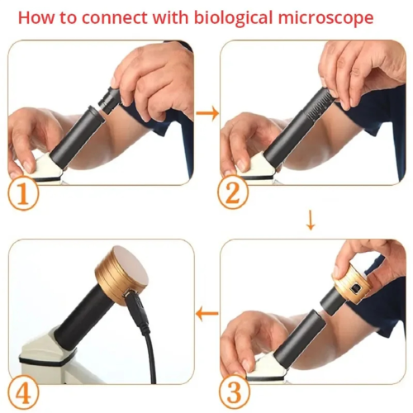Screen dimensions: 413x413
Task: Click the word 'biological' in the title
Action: (234, 18)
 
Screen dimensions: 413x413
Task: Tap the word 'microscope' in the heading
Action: (325, 17)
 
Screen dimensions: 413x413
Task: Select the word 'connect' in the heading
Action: (115, 18)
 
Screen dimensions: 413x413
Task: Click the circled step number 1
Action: (23, 195)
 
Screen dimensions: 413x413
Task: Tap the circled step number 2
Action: (233, 192)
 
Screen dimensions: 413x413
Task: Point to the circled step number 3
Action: (234, 392)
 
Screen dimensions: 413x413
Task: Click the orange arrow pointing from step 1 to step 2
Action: (207, 113)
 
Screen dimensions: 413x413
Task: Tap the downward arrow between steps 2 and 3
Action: (311, 220)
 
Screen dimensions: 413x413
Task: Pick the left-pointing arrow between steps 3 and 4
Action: (206, 313)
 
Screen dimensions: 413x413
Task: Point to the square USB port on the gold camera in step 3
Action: (354, 289)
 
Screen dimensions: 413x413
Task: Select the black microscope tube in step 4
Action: (81, 314)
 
